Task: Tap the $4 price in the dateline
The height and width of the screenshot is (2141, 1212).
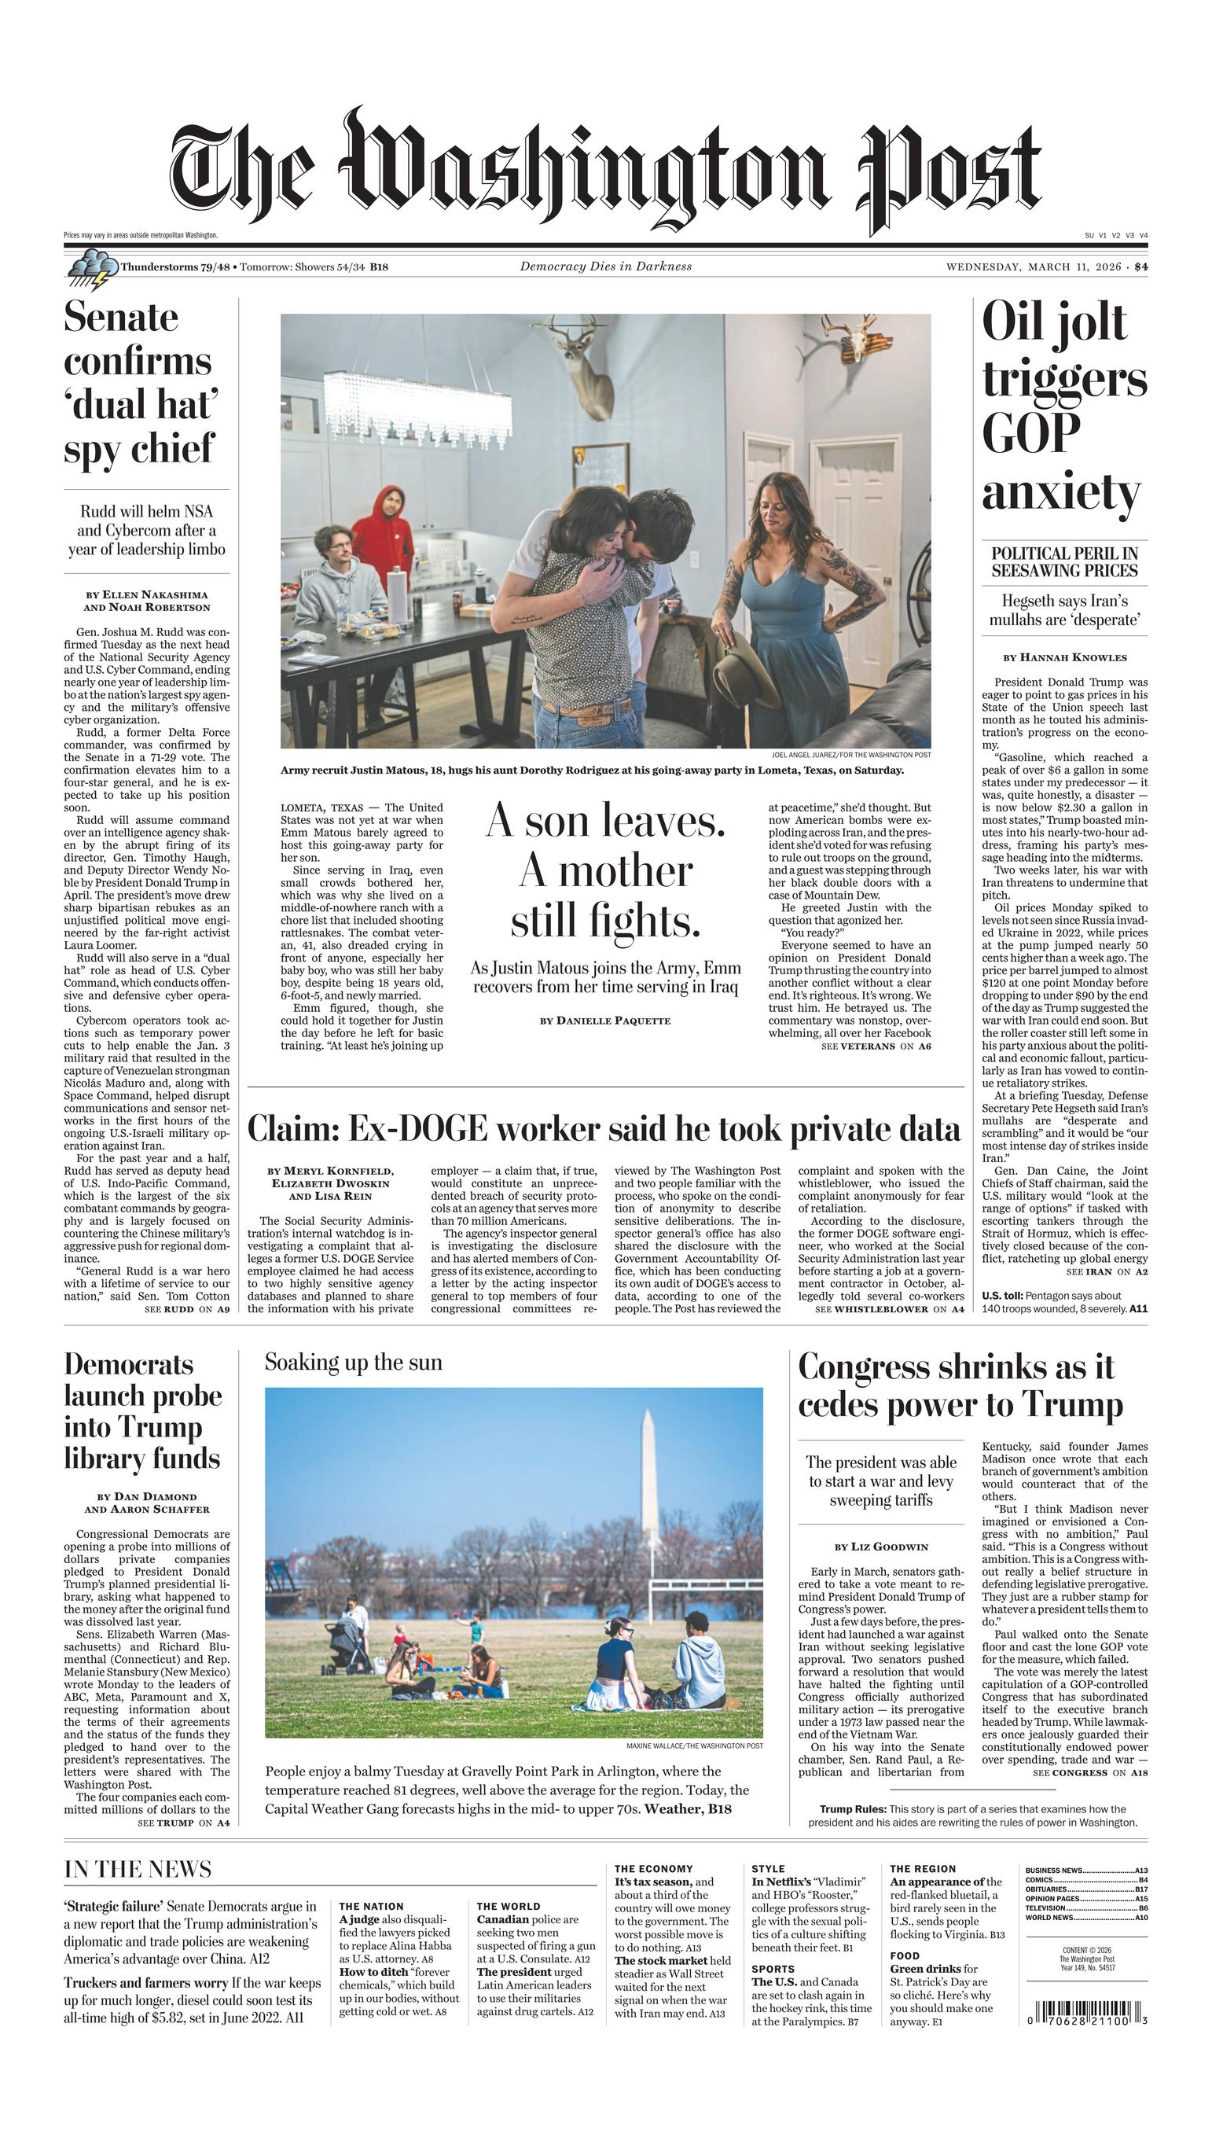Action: click(x=1140, y=267)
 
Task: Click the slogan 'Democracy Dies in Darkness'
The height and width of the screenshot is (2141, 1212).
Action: click(x=605, y=267)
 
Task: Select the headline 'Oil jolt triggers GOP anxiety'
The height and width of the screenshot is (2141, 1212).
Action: click(x=1063, y=406)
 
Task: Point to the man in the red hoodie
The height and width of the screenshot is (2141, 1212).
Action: click(x=383, y=534)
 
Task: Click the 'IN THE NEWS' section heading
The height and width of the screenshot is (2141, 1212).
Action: click(x=138, y=1870)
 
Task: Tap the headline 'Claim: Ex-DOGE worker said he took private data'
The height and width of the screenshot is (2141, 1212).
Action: click(x=604, y=1130)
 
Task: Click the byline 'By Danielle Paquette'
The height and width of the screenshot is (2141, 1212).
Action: click(x=605, y=1021)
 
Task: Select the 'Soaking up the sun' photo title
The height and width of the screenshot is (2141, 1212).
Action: click(x=354, y=1363)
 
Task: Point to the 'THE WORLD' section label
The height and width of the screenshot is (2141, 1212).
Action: click(x=508, y=1906)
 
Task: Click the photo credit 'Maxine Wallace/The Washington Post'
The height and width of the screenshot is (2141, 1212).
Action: click(x=694, y=1746)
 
